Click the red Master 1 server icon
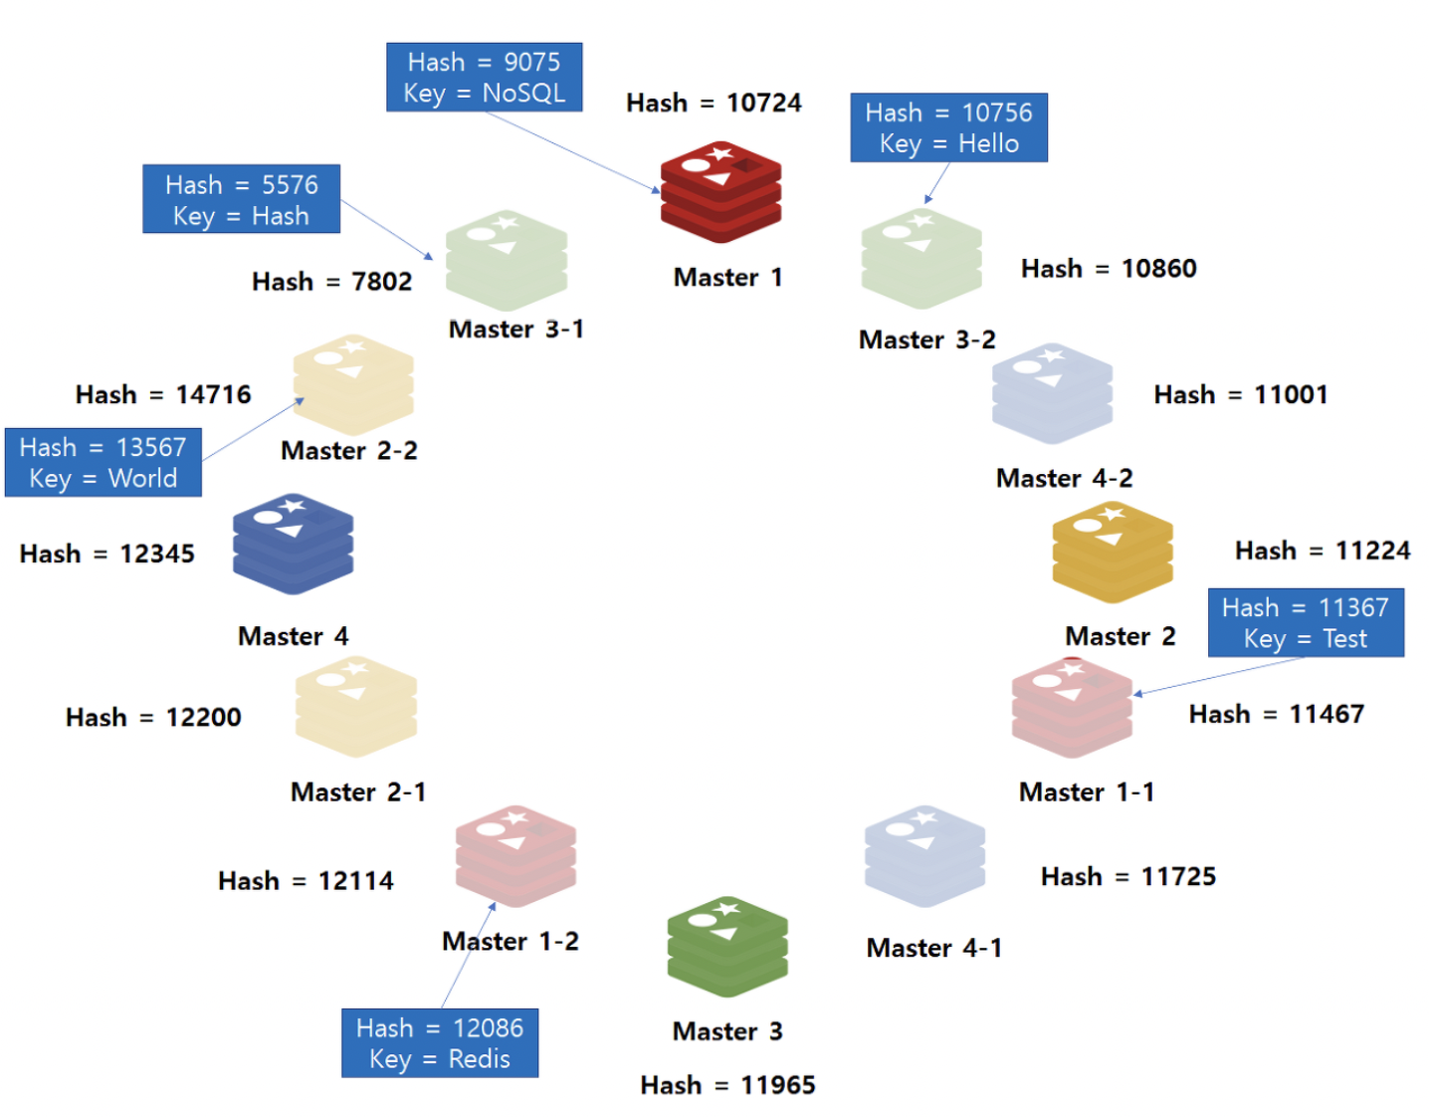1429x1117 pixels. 720,192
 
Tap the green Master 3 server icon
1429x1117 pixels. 727,947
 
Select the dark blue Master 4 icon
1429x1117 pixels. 293,544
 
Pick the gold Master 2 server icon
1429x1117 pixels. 1113,553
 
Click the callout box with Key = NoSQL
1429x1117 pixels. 484,78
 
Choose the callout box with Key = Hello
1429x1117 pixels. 948,127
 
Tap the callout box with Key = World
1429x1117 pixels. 103,463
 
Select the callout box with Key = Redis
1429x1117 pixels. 440,1043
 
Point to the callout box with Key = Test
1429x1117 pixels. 1306,623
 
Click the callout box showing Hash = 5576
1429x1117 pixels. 241,200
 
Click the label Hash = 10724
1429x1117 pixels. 714,104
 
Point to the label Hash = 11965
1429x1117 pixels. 727,1085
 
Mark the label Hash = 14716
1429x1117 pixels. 163,395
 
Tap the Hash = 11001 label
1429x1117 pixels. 1240,395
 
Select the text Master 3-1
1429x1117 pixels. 515,330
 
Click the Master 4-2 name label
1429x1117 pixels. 1064,479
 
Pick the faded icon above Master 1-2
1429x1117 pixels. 515,856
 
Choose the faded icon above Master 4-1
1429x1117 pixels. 924,856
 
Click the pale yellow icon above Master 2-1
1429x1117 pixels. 355,707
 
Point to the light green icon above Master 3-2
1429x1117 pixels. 921,259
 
